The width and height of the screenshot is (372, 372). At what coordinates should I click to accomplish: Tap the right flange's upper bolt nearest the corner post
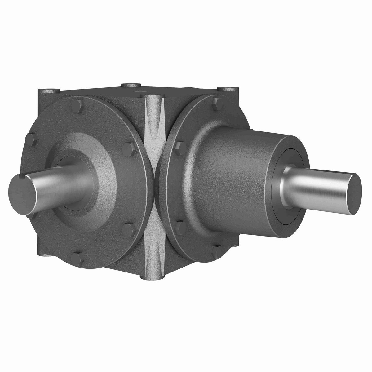tap(179, 148)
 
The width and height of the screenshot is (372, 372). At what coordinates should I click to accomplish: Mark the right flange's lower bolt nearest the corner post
tap(180, 228)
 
